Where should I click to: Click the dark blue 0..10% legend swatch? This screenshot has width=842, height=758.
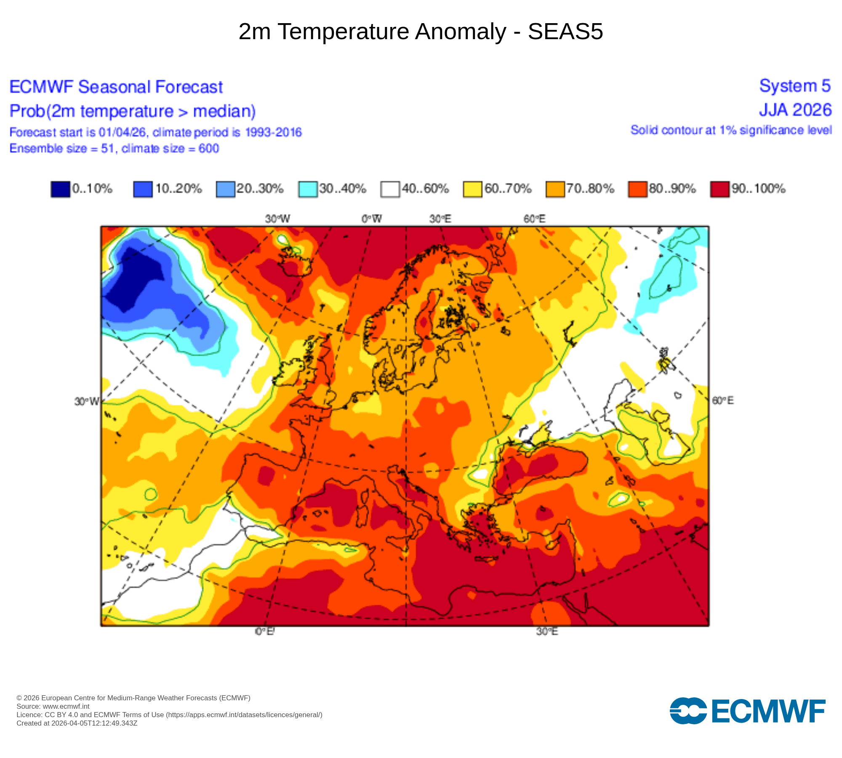click(60, 189)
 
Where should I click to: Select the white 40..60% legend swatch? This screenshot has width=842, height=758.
click(390, 189)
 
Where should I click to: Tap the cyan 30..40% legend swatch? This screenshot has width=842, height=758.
click(308, 189)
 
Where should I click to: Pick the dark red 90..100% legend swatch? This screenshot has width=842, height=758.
click(719, 189)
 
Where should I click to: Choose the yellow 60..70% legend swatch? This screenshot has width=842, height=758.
click(472, 189)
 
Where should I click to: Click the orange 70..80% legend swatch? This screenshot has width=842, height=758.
click(555, 189)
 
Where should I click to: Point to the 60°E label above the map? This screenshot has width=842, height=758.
click(534, 219)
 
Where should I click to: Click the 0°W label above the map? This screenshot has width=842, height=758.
click(371, 219)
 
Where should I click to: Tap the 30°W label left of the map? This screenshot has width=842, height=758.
click(87, 401)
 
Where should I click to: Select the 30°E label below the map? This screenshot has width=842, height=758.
click(547, 632)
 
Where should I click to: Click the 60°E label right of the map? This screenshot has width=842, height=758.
click(722, 400)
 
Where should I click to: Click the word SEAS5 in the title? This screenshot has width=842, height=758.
click(565, 32)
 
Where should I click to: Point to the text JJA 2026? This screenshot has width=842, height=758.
click(795, 110)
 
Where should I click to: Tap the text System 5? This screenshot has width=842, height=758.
click(794, 86)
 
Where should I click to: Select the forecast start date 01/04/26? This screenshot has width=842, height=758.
click(122, 132)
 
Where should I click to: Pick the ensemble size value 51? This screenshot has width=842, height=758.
click(107, 149)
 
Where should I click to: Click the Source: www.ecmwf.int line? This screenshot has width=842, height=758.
click(53, 706)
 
